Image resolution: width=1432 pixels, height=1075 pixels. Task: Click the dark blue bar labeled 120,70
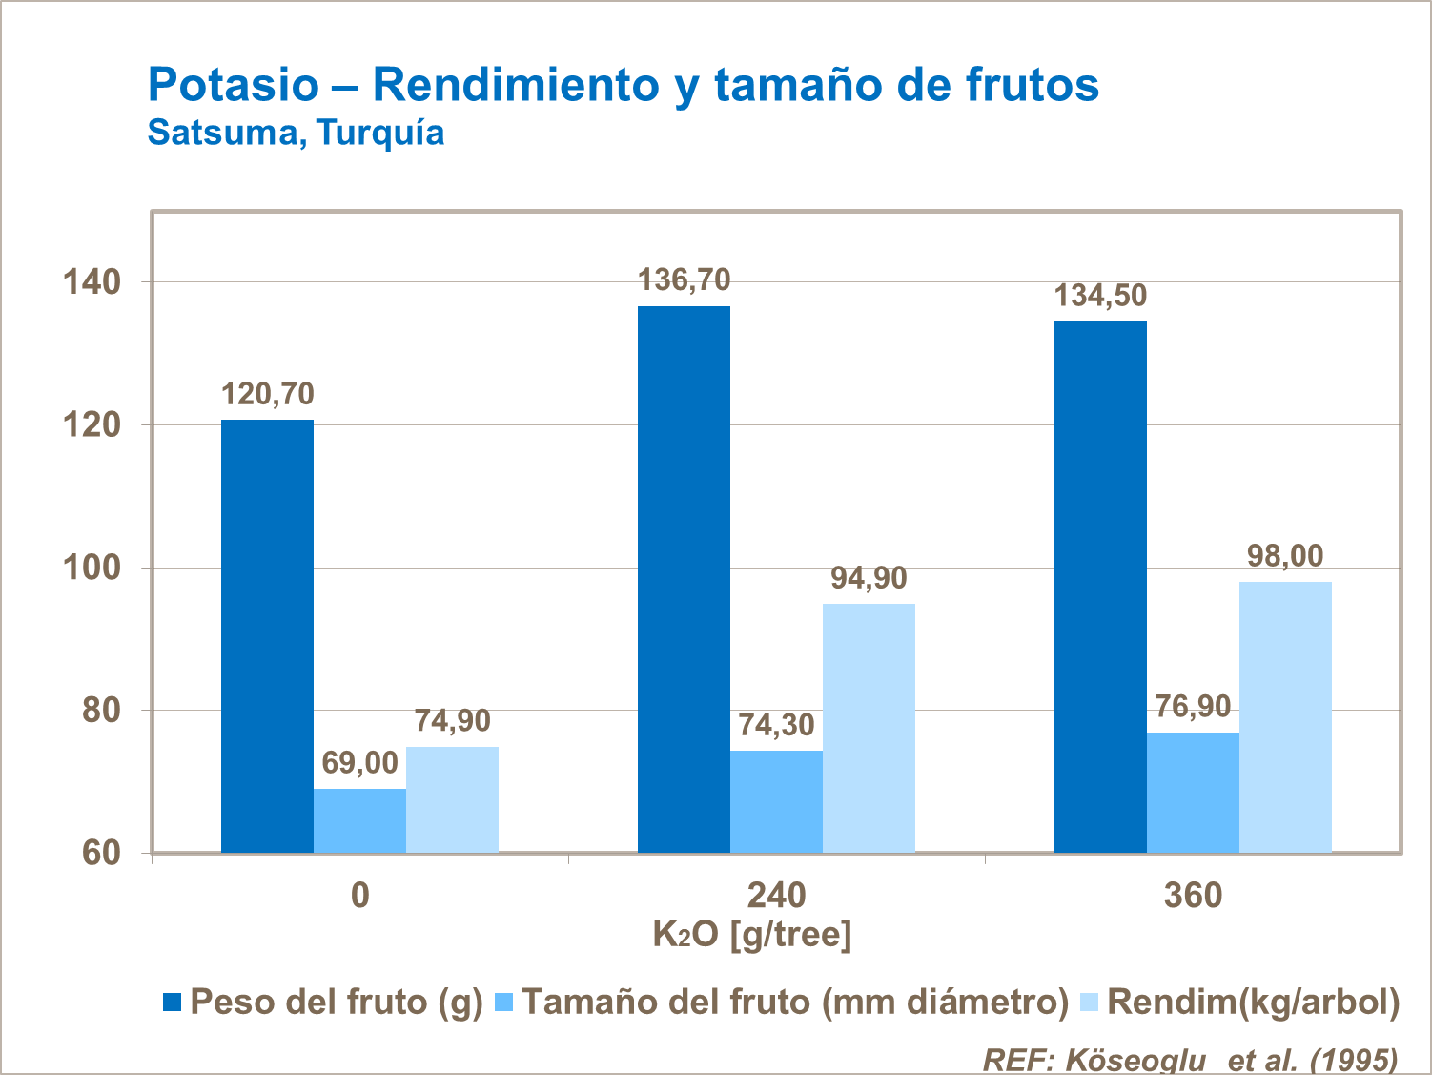tap(267, 635)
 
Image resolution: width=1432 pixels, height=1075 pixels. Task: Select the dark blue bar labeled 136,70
tap(684, 579)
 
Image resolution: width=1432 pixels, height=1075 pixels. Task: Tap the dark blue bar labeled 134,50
tap(1100, 587)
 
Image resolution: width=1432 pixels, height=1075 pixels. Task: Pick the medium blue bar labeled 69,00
tap(359, 820)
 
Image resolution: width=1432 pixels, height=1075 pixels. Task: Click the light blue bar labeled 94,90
tap(869, 728)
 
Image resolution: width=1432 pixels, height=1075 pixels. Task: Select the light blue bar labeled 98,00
tap(1285, 716)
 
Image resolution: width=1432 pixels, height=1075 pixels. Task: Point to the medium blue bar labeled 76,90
tap(1193, 792)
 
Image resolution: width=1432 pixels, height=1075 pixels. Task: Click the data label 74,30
tap(776, 726)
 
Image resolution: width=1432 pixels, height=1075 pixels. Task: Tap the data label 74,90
tap(452, 721)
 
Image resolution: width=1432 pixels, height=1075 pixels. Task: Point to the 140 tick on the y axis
tap(92, 282)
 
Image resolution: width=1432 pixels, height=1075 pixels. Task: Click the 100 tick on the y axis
tap(92, 568)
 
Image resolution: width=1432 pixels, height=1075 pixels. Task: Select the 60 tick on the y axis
tap(101, 853)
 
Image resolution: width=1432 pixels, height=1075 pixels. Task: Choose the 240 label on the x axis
tap(776, 896)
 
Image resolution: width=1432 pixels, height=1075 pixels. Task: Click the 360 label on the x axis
tap(1193, 896)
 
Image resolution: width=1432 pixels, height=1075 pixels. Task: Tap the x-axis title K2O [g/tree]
tap(751, 935)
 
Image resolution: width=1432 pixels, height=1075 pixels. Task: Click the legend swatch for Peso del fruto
tap(173, 1002)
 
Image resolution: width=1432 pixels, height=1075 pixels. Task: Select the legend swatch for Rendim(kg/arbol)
tap(1089, 1002)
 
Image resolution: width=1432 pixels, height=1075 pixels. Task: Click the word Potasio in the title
tap(234, 85)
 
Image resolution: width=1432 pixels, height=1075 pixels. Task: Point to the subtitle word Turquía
tap(380, 132)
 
